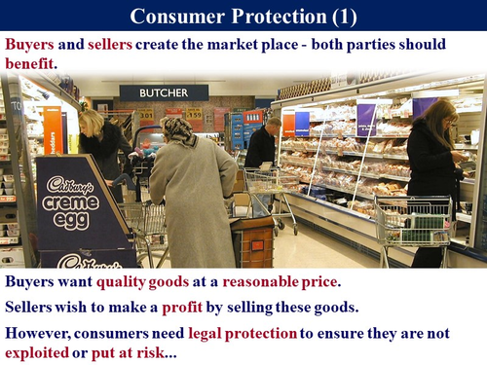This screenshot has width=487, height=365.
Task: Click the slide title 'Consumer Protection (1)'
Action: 243,17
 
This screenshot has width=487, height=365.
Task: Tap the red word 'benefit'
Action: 30,61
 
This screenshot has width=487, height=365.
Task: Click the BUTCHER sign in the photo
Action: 164,92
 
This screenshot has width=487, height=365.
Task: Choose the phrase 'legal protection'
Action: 242,332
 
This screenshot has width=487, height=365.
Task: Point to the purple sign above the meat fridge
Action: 366,120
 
